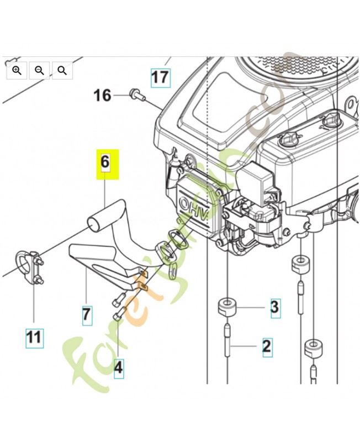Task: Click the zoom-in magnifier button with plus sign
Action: point(17,70)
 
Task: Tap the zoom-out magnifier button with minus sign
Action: point(39,70)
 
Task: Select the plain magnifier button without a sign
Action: point(62,70)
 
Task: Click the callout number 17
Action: point(160,76)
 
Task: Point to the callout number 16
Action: point(102,96)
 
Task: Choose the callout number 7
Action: point(87,315)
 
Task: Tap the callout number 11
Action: point(34,336)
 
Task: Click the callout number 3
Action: point(274,307)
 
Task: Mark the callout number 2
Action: point(267,347)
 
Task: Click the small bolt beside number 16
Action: point(136,96)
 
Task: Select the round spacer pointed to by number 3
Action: point(227,306)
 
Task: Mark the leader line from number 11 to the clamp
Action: point(34,304)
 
